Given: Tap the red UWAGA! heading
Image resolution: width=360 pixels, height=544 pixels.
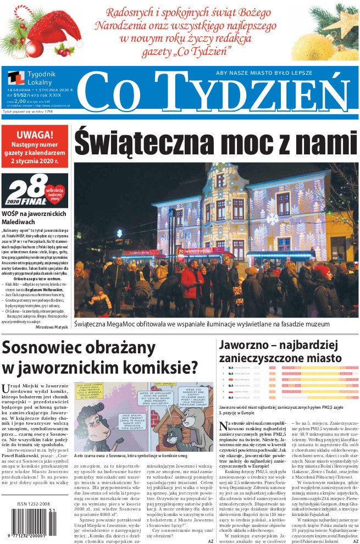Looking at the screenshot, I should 35,135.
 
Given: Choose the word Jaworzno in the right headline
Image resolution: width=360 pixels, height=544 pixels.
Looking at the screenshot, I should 243,346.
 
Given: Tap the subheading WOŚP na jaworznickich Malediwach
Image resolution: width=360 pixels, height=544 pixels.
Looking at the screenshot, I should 34,217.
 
